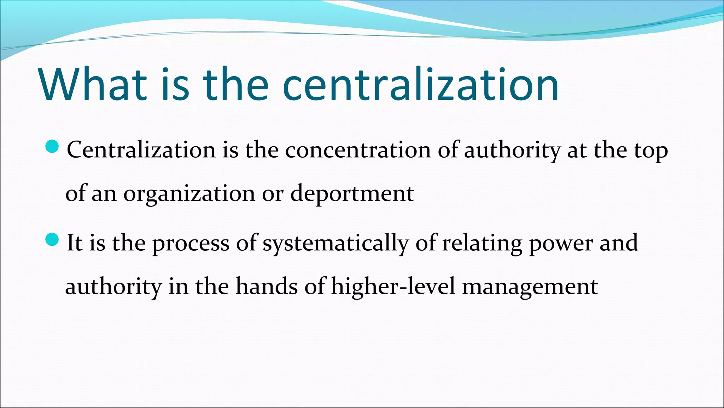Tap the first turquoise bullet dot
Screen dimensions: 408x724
click(52, 146)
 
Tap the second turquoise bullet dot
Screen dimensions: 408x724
click(52, 240)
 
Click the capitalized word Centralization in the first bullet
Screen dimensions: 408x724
click(141, 150)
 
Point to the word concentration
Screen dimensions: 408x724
click(358, 150)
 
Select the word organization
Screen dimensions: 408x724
click(189, 194)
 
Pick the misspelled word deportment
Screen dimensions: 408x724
click(352, 194)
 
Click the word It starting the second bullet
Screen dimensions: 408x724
click(74, 243)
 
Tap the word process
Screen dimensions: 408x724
click(191, 244)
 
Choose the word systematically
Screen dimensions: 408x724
click(335, 244)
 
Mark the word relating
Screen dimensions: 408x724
click(482, 244)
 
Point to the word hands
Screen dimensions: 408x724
click(267, 287)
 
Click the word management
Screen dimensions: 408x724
click(530, 287)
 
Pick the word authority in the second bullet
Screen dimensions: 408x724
click(113, 287)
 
